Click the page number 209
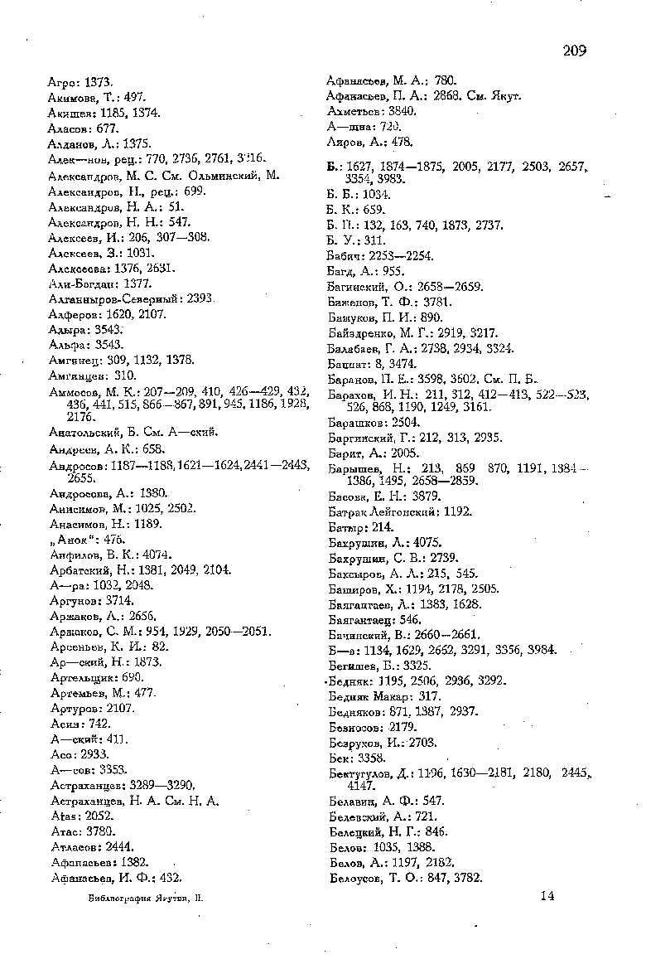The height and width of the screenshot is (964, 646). (x=574, y=51)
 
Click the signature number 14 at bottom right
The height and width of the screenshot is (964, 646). (x=546, y=894)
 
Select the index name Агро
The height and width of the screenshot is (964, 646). (x=61, y=82)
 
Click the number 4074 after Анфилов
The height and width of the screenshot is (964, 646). (x=157, y=555)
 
